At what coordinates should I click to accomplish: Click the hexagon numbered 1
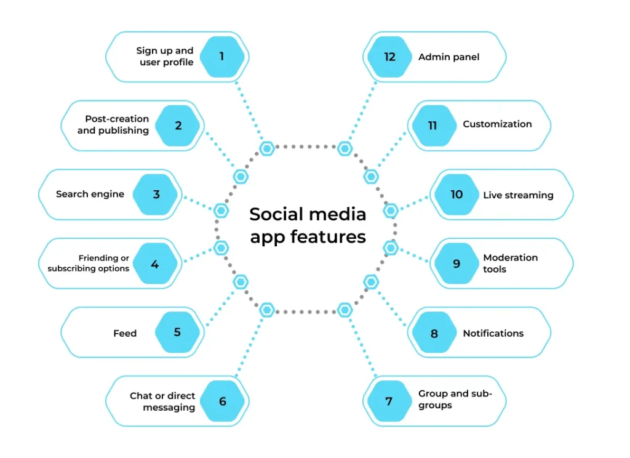(221, 57)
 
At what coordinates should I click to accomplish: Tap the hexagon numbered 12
(389, 57)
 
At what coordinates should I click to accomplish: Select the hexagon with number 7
(389, 401)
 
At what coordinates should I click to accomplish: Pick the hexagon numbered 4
(155, 264)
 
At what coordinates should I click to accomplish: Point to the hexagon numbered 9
(457, 263)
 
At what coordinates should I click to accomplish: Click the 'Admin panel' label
(449, 57)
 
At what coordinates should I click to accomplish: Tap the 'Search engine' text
(90, 195)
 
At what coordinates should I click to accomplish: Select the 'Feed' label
(125, 334)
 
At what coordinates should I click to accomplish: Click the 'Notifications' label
(493, 333)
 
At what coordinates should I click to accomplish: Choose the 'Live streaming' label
(518, 195)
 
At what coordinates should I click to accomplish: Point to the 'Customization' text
(497, 124)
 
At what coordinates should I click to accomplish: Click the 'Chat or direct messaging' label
(162, 401)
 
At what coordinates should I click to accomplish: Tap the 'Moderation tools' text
(510, 263)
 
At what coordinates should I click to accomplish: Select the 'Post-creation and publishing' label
(113, 125)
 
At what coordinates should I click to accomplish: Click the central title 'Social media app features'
(308, 225)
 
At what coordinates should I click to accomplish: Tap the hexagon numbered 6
(222, 401)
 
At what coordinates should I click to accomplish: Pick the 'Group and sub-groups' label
(455, 400)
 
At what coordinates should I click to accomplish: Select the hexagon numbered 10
(457, 195)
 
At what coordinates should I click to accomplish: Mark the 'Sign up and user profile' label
(165, 57)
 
